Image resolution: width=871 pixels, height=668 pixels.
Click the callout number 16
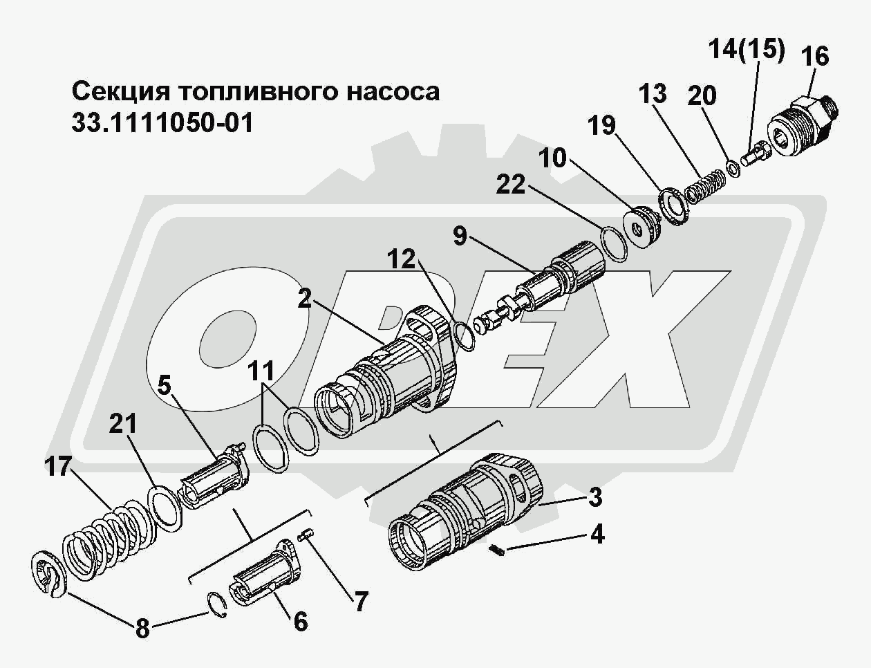[816, 57]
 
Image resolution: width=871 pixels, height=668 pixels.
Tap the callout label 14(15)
[747, 51]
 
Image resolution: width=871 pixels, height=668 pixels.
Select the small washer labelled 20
[733, 167]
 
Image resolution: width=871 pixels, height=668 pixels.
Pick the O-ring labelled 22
[614, 244]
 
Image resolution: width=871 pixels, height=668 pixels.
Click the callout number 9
[460, 236]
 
